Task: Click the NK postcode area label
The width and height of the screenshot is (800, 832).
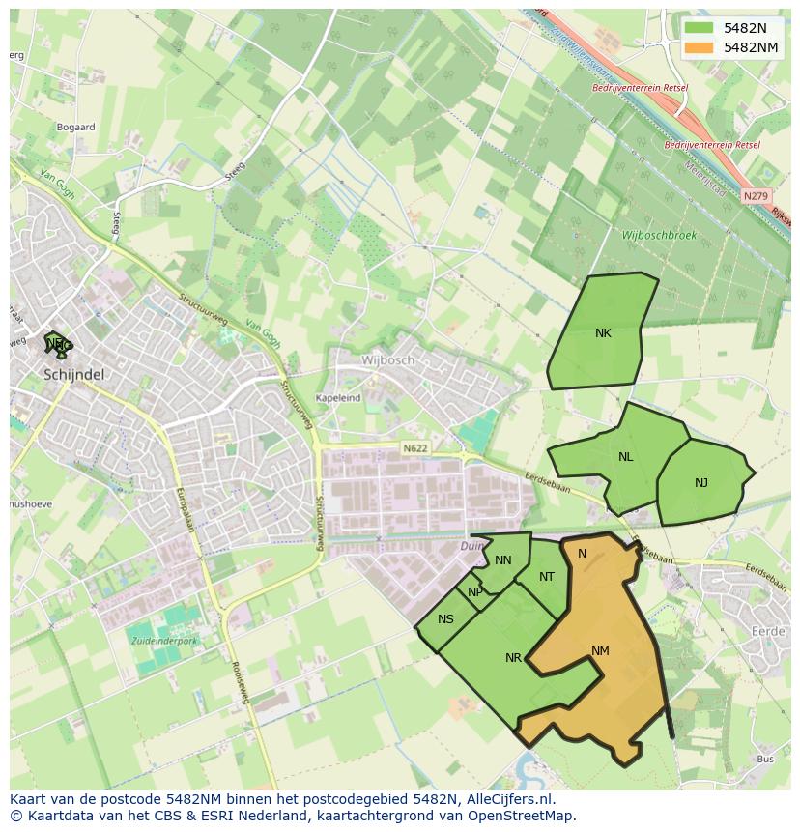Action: pos(603,333)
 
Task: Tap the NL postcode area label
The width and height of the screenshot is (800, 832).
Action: pos(626,457)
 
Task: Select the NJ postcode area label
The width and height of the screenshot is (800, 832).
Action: pos(701,483)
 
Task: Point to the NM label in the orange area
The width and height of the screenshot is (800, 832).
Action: pos(600,651)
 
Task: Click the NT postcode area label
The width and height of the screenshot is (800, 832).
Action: pos(547,577)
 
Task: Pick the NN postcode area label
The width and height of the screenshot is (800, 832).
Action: pos(503,560)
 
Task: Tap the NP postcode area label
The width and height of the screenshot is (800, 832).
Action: pos(475,592)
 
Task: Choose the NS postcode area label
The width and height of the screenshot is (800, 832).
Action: pos(445,619)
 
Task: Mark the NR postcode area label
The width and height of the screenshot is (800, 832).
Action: pos(513,658)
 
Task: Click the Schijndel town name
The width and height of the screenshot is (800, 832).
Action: pos(73,373)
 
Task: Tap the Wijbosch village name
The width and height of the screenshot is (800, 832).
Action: pos(387,360)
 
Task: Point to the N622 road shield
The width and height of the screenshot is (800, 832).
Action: pos(415,447)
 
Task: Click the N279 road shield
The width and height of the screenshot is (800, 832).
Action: pos(756,196)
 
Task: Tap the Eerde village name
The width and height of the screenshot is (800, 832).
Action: pos(767,631)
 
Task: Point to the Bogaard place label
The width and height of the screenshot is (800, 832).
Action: pos(75,127)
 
